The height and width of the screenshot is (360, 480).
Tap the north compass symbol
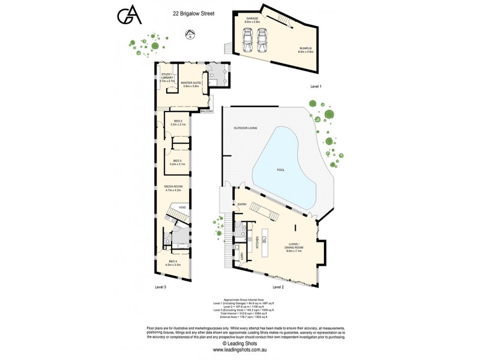(x=190, y=35)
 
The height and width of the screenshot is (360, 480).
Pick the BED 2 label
(x=179, y=122)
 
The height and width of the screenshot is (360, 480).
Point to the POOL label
(x=281, y=170)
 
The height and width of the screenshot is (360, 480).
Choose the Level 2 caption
(x=278, y=287)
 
